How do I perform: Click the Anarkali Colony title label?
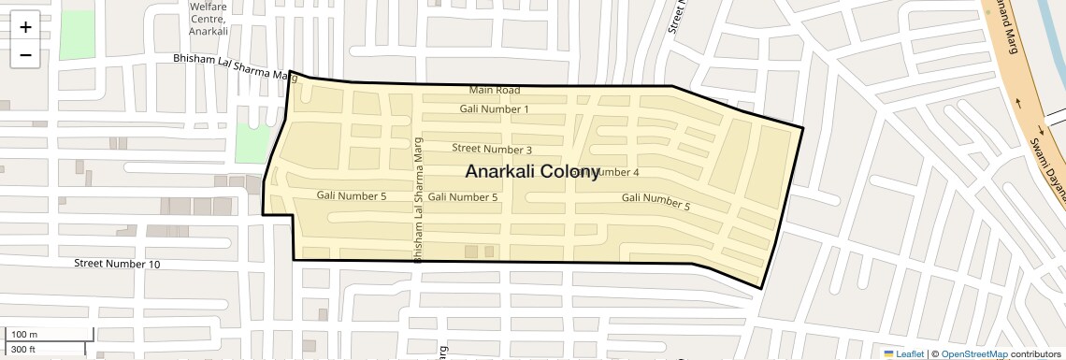(532, 172)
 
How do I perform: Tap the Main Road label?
(495, 91)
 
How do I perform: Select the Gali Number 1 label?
(494, 109)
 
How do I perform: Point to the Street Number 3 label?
(492, 149)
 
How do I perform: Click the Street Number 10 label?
(117, 265)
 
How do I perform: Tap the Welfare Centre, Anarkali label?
(209, 19)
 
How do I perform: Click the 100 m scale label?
(23, 335)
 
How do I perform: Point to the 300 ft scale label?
(23, 350)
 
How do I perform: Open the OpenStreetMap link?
(974, 354)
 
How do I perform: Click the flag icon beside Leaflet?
(888, 354)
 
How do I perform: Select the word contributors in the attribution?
(1036, 354)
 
